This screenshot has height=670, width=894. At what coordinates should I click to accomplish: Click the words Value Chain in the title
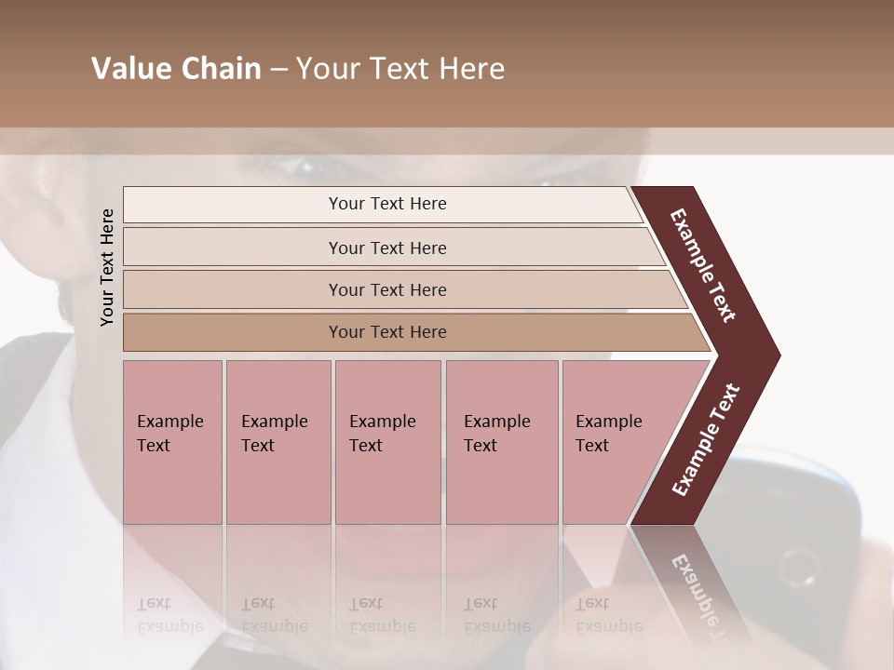pos(176,69)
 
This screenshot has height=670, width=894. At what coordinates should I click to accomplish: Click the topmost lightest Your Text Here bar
pos(387,204)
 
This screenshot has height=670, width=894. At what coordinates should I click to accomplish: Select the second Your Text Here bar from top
pos(387,248)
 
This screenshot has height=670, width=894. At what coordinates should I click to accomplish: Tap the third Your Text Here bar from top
pos(387,289)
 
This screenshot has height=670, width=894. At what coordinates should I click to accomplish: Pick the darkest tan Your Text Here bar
pos(387,332)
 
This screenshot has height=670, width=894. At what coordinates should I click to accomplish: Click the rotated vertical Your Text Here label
pos(107,267)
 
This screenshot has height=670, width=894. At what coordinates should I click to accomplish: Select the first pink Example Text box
pos(172,442)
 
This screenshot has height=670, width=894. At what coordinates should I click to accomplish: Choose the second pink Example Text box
pos(278,442)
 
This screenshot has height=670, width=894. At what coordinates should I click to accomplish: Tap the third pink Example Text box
pos(387,442)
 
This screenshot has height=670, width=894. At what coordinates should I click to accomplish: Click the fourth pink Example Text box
pos(501,442)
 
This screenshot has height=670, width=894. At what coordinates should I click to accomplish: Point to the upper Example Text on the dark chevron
pos(703,265)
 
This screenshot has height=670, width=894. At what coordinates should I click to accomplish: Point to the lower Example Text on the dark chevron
pos(706,440)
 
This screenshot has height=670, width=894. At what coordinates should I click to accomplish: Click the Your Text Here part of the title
pos(400,69)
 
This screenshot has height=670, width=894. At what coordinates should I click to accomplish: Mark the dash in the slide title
pos(278,70)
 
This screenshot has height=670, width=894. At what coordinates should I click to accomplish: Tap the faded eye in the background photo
pos(296,167)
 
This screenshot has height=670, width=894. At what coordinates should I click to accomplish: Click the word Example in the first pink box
pos(169,422)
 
